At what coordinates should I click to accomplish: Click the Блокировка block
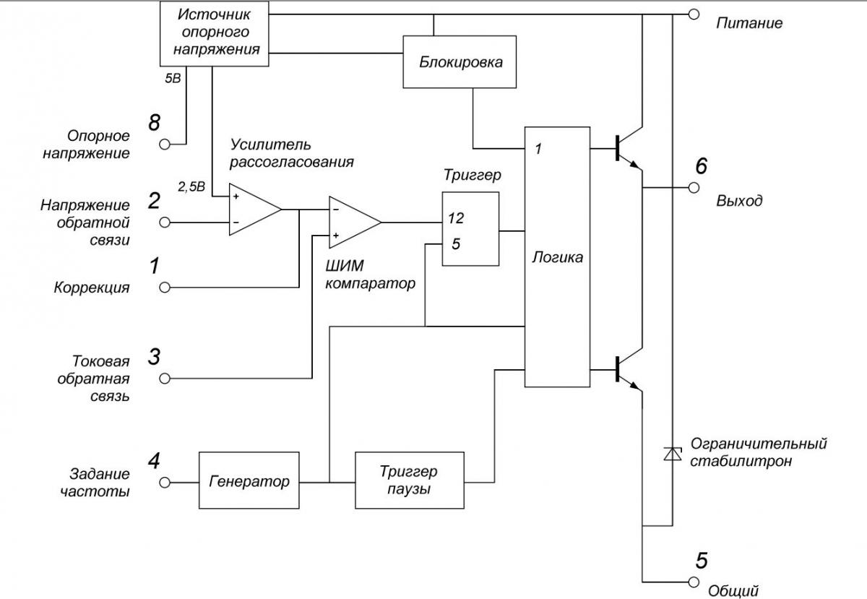point(460,62)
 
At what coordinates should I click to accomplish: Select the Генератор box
point(249,480)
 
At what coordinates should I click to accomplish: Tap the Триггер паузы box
point(410,480)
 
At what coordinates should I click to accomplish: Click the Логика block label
point(557,257)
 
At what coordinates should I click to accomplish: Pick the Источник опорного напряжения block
point(215,34)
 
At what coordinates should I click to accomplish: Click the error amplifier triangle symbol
point(255,210)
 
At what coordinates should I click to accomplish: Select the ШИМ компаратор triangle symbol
point(355,223)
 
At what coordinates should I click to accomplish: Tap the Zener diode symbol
point(673,454)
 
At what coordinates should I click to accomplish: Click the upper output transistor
point(629,149)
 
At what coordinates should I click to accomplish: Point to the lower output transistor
point(629,370)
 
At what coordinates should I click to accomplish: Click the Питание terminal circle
point(694,14)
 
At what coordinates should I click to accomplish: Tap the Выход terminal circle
point(694,188)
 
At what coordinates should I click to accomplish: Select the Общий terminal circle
point(694,582)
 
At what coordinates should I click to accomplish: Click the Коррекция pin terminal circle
point(165,288)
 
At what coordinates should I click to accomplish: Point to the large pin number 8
point(154,123)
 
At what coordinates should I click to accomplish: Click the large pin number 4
point(154,461)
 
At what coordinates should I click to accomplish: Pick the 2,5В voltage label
point(191,187)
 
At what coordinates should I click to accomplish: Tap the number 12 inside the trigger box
point(456,218)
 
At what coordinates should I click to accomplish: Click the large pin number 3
point(154,357)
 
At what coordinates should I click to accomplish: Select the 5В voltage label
point(173,79)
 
